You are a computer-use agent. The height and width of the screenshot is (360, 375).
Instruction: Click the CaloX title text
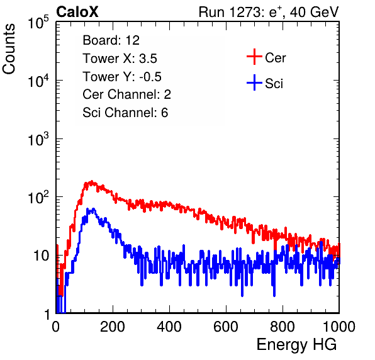point(77,12)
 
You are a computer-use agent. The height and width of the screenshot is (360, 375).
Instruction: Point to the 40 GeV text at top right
point(314,12)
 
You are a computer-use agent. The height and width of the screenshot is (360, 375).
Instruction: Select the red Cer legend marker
point(254,57)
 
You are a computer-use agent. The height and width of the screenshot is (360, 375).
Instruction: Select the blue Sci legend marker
point(254,82)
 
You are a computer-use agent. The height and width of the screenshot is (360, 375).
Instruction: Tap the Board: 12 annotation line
point(111,40)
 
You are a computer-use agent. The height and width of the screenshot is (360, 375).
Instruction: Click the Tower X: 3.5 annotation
point(120,59)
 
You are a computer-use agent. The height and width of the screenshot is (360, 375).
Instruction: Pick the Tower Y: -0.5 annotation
point(122,77)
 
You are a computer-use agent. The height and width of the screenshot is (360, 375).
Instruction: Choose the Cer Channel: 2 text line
point(126,94)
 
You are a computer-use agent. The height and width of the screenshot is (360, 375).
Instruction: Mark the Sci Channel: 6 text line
point(125,113)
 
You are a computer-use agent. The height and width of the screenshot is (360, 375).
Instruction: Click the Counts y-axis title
point(9,49)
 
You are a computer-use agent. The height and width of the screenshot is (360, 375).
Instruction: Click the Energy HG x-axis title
point(296,345)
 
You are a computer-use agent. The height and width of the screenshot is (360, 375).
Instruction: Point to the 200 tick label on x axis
point(113,327)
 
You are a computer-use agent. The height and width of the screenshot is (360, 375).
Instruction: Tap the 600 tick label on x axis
point(226,327)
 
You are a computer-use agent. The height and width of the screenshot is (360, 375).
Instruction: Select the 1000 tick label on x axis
point(339,327)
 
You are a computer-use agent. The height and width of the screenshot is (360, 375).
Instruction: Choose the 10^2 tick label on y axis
point(38,197)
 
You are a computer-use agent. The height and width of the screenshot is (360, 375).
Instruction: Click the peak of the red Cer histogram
point(92,182)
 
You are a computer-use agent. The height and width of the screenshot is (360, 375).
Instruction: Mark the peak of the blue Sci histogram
point(93,210)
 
